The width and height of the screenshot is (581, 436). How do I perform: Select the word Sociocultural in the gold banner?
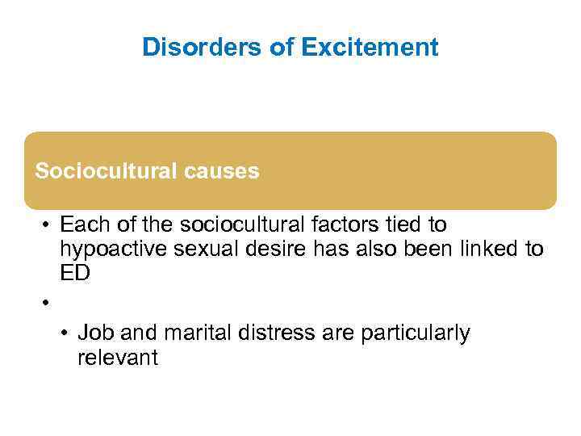98,171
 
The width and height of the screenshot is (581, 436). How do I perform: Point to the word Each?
84,224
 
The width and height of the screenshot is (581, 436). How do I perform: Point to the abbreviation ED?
75,274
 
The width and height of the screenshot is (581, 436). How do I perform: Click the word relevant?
118,358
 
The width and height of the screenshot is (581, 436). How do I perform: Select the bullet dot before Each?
48,224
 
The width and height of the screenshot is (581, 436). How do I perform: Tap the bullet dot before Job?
66,333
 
